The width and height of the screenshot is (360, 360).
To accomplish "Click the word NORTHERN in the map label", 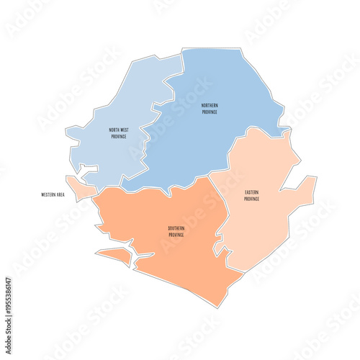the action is pos(210,105).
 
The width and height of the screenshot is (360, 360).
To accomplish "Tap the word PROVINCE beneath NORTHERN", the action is pos(210,112).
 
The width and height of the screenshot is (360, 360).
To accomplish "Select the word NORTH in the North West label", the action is pos(114,130).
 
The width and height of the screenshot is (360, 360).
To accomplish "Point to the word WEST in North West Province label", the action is pos(123,130).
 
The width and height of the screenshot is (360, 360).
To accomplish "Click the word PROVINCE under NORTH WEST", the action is pos(118,136).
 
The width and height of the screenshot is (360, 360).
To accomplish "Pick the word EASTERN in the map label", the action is pos(252,192).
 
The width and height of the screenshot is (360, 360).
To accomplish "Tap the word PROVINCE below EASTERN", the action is pos(252,199).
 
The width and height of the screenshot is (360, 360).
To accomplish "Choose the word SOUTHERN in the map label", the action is pos(176,228).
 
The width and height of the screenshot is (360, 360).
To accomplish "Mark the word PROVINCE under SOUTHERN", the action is pos(176,235).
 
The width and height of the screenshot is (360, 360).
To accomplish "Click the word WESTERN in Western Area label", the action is pos(49,194).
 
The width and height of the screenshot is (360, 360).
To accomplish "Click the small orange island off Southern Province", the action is pos(115,256).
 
